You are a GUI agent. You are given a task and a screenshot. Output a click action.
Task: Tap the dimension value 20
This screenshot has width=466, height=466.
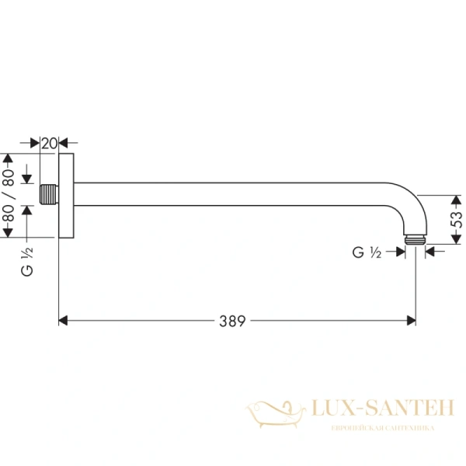tap(49, 143)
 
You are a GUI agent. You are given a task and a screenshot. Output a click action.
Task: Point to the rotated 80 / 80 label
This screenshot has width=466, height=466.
tap(9, 194)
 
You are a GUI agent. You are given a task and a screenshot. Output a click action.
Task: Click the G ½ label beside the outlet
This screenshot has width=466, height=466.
tap(366, 252)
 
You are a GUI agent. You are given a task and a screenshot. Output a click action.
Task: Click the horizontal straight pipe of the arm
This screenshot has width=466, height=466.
tap(233, 194)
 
